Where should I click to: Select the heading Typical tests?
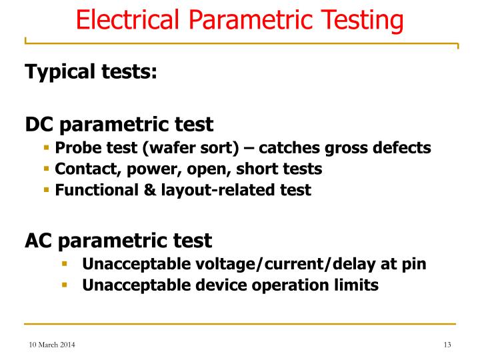[x=91, y=71]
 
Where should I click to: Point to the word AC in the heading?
[x=41, y=240]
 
